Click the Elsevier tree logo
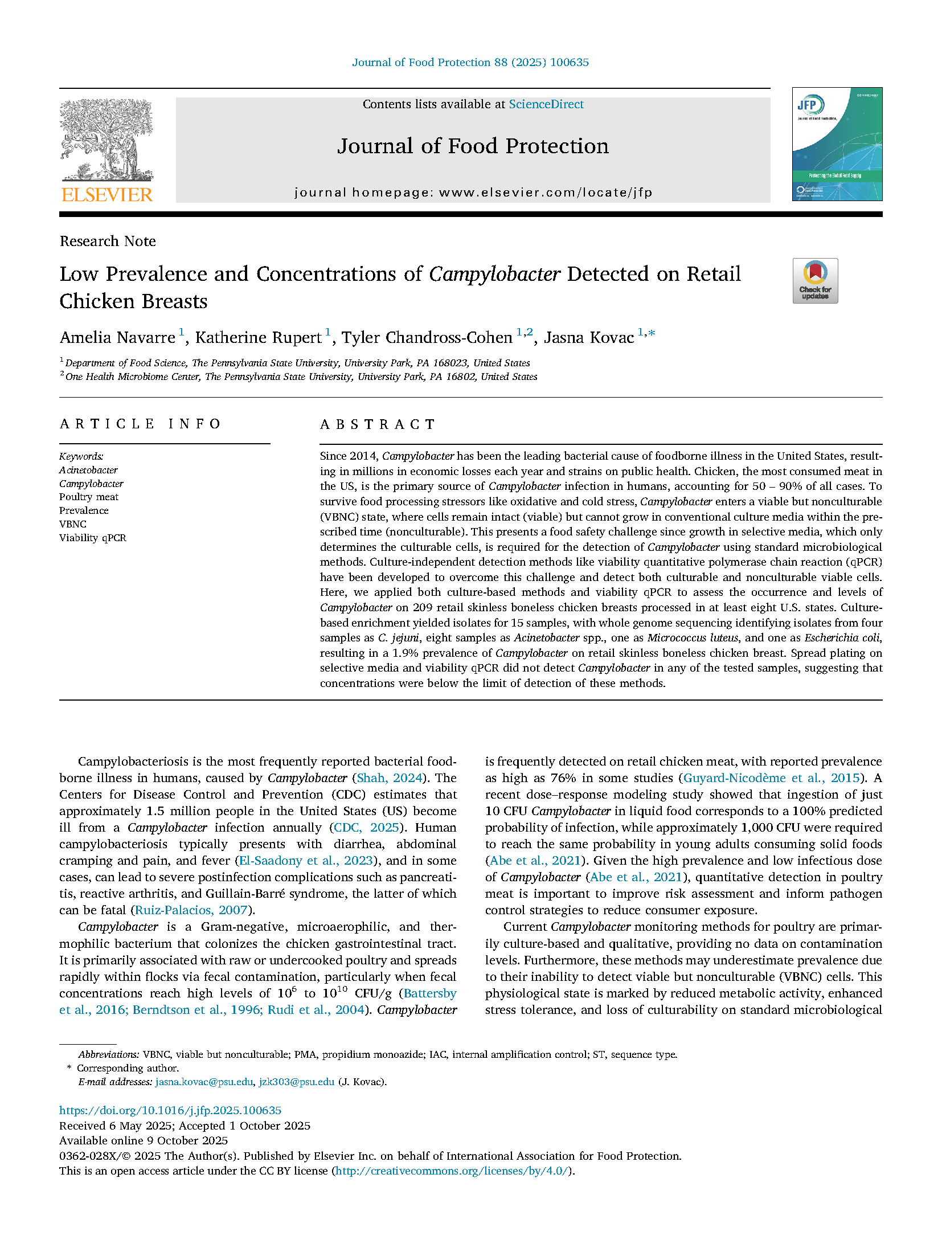107,140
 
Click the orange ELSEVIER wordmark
107,195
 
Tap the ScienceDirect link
546,104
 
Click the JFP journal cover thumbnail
837,144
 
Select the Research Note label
108,241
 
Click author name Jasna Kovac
588,338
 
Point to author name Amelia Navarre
117,338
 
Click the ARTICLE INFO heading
140,424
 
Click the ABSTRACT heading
378,424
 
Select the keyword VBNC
73,524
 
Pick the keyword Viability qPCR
93,538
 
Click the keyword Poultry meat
89,497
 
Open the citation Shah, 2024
390,778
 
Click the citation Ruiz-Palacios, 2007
191,910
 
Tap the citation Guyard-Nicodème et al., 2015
771,778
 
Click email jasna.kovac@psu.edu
204,1082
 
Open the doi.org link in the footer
170,1110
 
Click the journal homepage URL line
473,193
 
